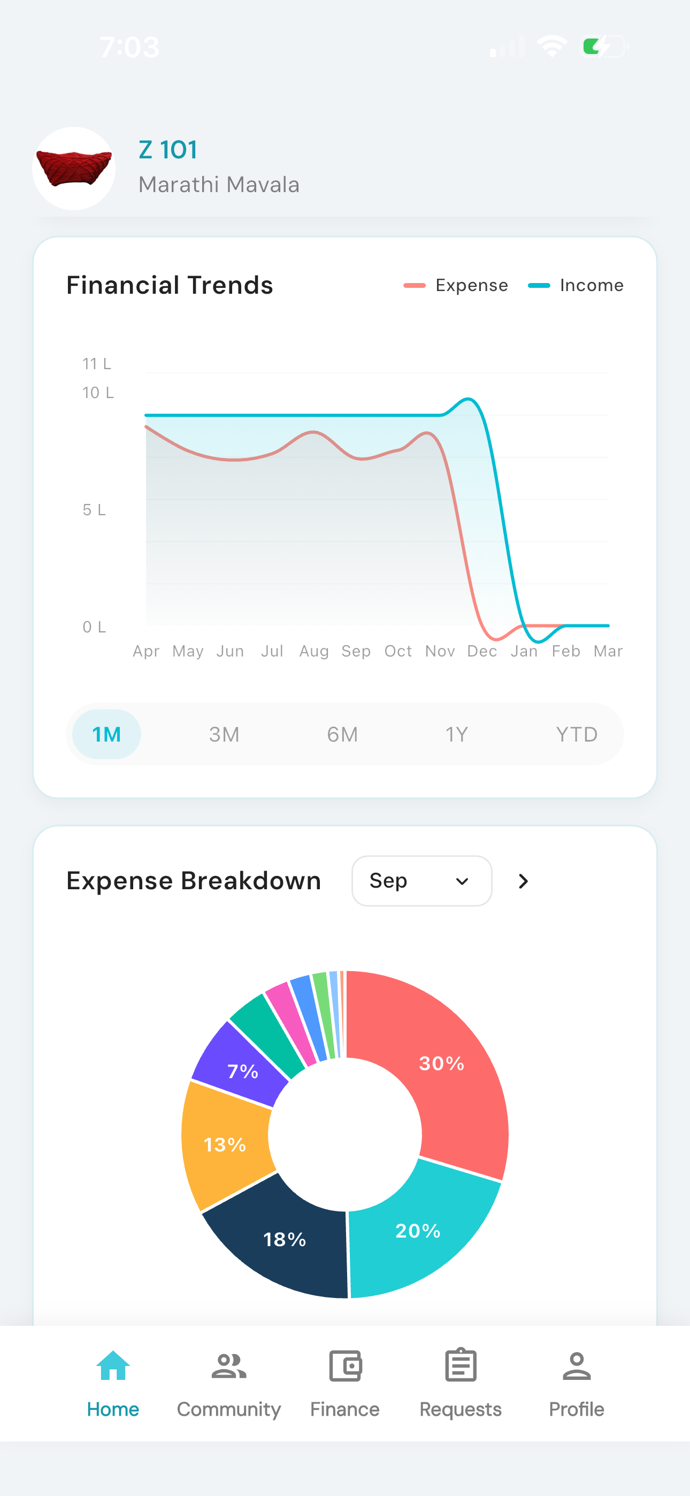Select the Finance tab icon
pos(345,1365)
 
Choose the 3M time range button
pos(224,734)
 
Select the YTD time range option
pos(577,734)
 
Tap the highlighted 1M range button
pos(106,734)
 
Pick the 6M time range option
pos(342,734)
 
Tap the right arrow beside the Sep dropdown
pos(523,881)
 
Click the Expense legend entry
pos(456,285)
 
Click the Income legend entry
pos(576,285)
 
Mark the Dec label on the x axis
pos(482,651)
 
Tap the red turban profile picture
pos(74,169)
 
